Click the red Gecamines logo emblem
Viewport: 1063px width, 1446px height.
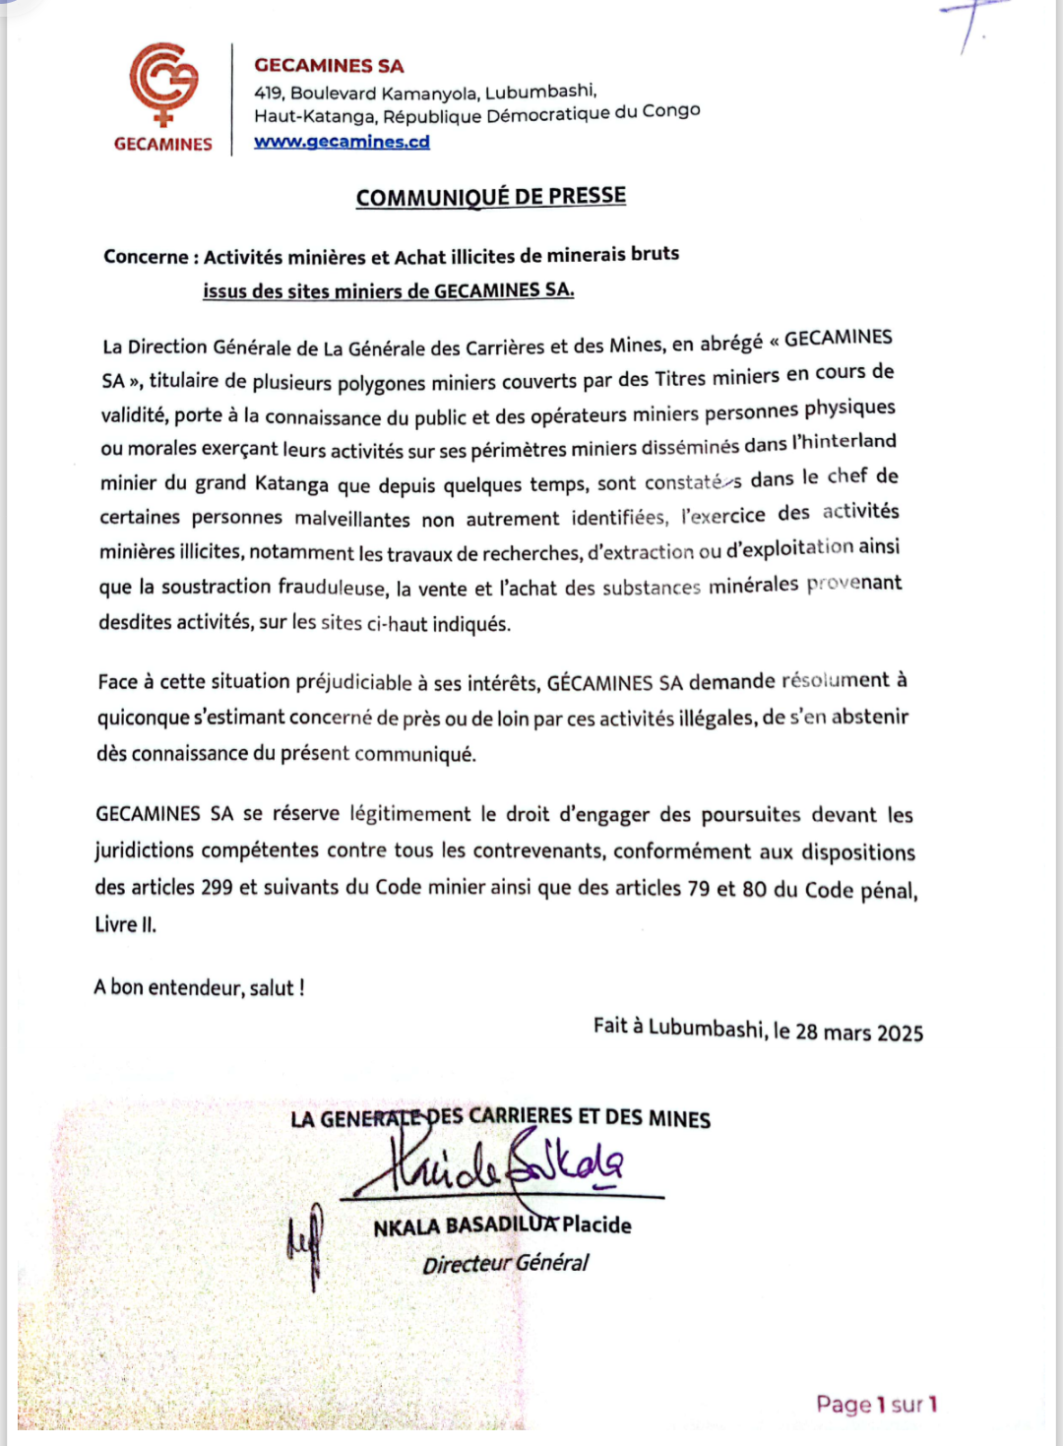pyautogui.click(x=163, y=84)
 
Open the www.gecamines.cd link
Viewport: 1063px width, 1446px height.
pyautogui.click(x=342, y=142)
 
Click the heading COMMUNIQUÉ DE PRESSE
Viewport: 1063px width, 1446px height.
pyautogui.click(x=490, y=197)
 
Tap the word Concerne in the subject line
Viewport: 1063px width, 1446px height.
pyautogui.click(x=145, y=257)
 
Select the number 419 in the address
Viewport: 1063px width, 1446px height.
pyautogui.click(x=268, y=94)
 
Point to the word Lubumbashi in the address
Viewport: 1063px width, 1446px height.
pyautogui.click(x=539, y=92)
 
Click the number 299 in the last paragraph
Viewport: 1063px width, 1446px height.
pyautogui.click(x=217, y=887)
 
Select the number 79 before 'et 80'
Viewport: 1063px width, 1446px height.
pyautogui.click(x=698, y=888)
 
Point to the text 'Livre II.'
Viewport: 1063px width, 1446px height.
pyautogui.click(x=125, y=924)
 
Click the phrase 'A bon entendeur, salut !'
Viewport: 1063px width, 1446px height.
pyautogui.click(x=199, y=987)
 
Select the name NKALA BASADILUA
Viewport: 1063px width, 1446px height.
pyautogui.click(x=465, y=1226)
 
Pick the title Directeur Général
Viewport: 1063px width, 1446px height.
pyautogui.click(x=505, y=1264)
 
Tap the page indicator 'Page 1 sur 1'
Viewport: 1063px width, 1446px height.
pyautogui.click(x=876, y=1404)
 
